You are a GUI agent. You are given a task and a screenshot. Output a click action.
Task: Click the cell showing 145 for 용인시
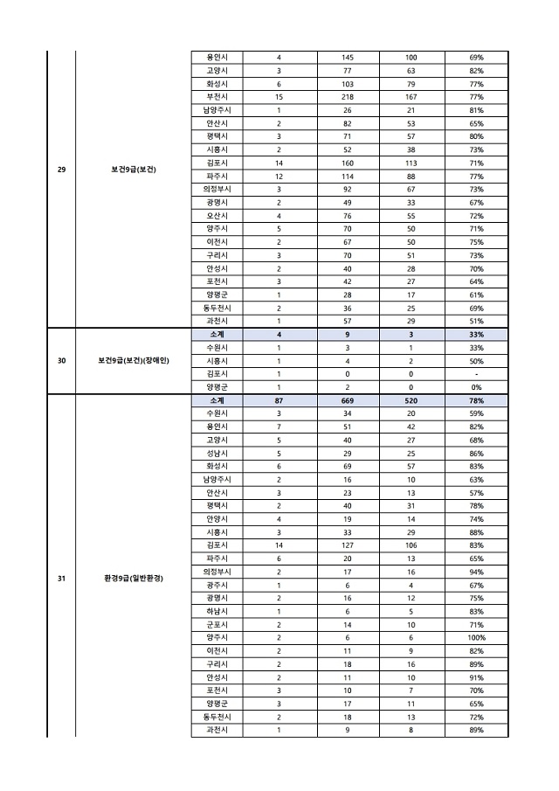348,57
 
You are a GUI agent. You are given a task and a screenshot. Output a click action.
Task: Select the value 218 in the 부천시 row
348,96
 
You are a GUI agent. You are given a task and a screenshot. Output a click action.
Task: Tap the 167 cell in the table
411,96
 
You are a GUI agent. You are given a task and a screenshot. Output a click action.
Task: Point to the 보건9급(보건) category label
133,169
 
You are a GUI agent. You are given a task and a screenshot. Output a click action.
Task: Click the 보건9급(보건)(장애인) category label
133,360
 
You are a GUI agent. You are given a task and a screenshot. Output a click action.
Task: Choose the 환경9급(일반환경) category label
133,579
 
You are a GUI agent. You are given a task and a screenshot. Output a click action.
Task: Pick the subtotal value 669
348,399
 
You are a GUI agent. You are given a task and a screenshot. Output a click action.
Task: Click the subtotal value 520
411,399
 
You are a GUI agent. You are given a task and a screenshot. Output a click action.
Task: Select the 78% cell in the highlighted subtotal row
476,399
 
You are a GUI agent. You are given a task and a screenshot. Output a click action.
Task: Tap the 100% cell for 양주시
476,637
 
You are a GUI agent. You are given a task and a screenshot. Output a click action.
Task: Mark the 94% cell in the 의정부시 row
476,572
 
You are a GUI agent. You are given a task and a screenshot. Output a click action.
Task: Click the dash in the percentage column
476,373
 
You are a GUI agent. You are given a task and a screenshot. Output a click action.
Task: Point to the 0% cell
476,386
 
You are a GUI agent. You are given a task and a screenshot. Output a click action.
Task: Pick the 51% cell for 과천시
476,321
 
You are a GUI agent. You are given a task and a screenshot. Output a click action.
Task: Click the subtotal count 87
279,399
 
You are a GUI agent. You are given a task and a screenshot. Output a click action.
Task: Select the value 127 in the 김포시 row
348,545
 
